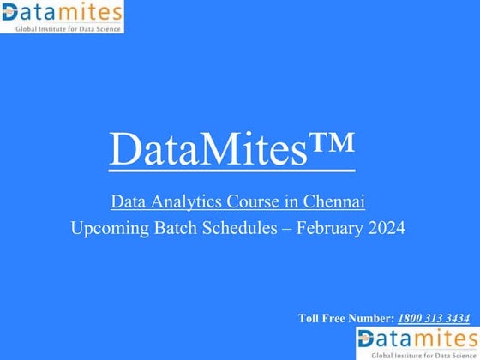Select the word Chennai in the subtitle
coord(335,202)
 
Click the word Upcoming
coord(109,229)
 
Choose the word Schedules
coord(240,229)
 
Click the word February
coord(331,229)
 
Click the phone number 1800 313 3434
coord(433,318)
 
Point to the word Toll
coord(309,318)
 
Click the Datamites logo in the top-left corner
coord(62,13)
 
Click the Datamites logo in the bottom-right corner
coord(417,338)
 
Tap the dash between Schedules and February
coord(291,229)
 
